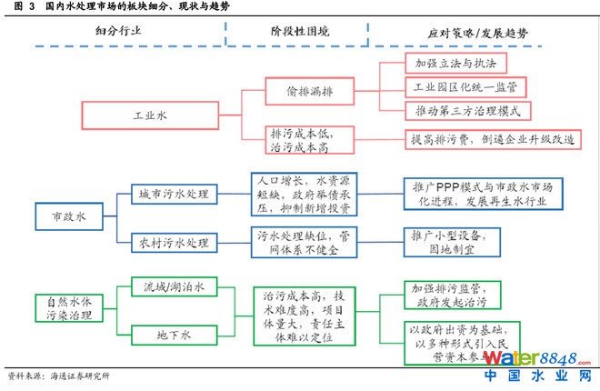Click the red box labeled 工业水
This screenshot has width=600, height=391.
pyautogui.click(x=147, y=116)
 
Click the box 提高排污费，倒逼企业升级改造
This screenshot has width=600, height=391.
pyautogui.click(x=492, y=140)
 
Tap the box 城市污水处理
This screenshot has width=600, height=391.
pyautogui.click(x=174, y=195)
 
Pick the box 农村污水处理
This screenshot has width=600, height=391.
pyautogui.click(x=174, y=243)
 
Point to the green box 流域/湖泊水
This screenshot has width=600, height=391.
pyautogui.click(x=174, y=288)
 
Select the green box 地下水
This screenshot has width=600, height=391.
pyautogui.click(x=174, y=336)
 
